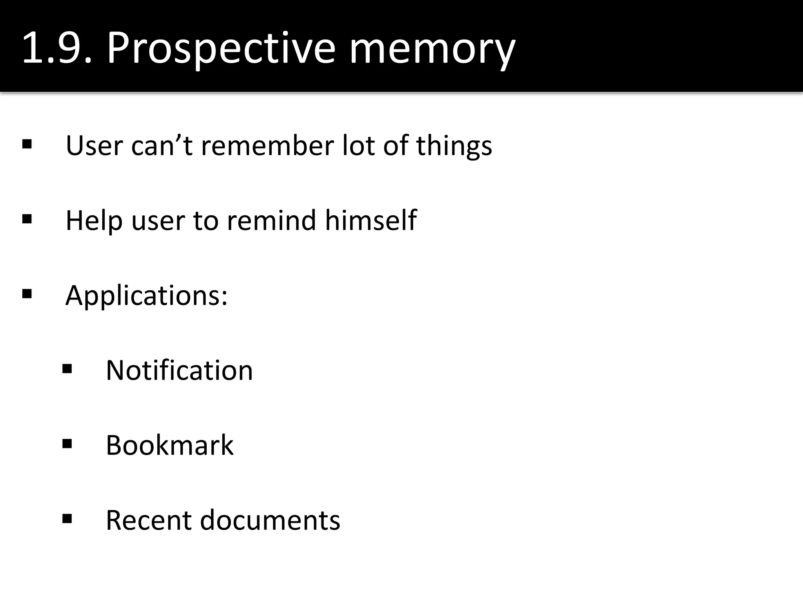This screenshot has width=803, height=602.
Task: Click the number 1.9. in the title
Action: [x=57, y=48]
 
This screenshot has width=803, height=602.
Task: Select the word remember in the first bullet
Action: [x=267, y=145]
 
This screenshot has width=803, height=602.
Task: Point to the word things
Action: [x=454, y=145]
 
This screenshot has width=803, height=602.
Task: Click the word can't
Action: [x=162, y=145]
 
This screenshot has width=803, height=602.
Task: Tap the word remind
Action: [x=271, y=220]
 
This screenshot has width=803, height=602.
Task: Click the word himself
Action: [x=371, y=220]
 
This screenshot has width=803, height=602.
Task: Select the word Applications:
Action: [x=147, y=295]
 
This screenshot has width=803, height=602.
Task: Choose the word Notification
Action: [x=179, y=370]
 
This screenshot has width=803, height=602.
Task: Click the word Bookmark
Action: [x=169, y=445]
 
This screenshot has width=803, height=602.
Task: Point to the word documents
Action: [x=270, y=520]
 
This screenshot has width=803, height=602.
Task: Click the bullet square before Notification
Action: [x=67, y=369]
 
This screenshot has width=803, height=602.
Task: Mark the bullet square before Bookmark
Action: [x=67, y=444]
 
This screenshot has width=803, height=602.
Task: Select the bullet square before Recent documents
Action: [x=67, y=519]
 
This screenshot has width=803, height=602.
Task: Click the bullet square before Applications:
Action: [x=27, y=294]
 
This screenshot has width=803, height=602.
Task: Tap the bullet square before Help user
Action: [x=27, y=219]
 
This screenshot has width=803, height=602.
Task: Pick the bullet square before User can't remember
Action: [x=27, y=144]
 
